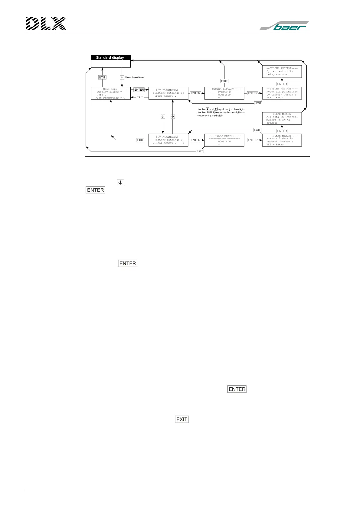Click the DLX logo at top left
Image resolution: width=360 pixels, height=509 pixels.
(46, 24)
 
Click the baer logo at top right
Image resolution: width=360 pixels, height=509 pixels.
(284, 26)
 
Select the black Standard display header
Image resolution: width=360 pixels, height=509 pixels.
(111, 57)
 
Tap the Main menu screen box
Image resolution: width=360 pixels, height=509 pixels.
(111, 93)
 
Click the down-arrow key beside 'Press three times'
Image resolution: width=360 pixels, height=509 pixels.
(122, 77)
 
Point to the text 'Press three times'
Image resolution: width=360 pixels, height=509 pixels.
(135, 77)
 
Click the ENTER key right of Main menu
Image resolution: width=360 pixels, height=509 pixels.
(139, 90)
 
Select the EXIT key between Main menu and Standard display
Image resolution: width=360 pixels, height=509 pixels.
(102, 77)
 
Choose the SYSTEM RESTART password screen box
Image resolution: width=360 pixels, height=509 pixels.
(224, 93)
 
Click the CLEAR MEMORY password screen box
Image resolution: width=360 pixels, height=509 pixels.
(224, 140)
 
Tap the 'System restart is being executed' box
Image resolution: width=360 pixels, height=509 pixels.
(282, 72)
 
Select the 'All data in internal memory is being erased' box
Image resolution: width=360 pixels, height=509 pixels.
(282, 118)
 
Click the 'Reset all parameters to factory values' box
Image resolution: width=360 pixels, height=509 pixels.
(282, 93)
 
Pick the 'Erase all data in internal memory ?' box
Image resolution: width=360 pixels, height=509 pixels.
(282, 140)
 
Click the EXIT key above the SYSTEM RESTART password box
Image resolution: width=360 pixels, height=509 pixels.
(224, 81)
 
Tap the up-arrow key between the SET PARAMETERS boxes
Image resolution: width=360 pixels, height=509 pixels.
(173, 117)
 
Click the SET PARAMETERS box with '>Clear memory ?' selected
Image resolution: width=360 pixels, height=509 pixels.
(168, 140)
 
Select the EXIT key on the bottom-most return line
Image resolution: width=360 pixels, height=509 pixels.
(200, 151)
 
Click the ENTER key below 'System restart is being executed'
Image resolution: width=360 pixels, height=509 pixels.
(282, 84)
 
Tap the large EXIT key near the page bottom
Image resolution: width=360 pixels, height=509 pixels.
(182, 419)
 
